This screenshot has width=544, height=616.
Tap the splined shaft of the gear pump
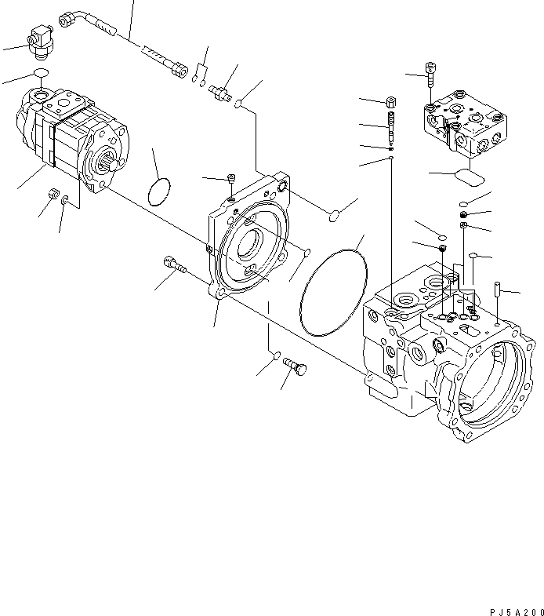pos(109,166)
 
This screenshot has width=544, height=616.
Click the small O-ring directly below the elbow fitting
pos(41,75)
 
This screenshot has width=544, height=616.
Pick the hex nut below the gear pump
pos(53,193)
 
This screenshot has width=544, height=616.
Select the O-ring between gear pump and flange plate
pos(159,191)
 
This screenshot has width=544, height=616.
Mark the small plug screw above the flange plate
pos(231,179)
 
